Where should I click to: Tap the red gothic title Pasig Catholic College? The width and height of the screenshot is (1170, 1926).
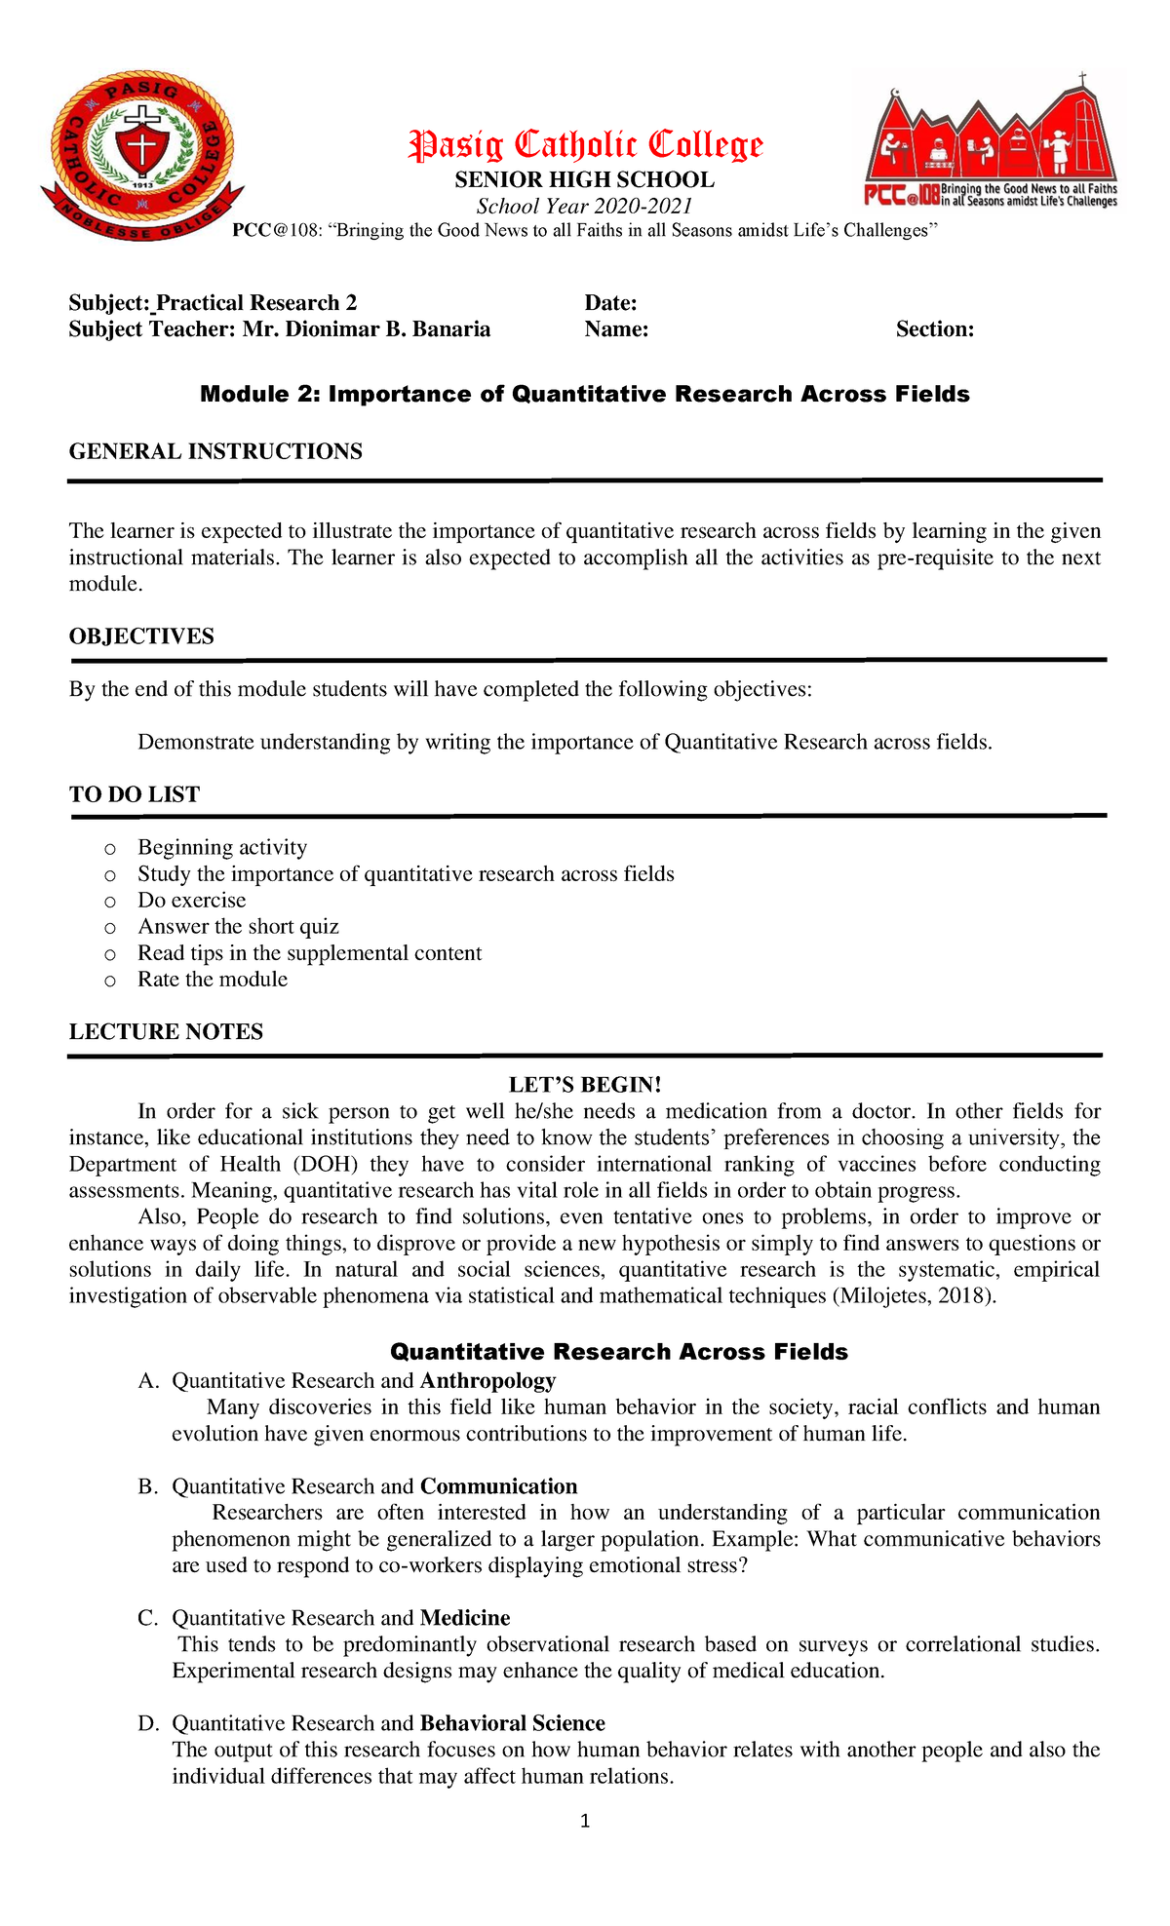pos(585,145)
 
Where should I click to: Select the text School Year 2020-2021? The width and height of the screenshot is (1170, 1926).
pos(584,206)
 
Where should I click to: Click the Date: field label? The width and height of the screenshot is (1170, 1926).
pos(610,303)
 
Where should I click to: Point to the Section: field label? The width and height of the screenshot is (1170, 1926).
pos(934,329)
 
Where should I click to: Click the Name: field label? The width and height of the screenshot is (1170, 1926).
pos(616,329)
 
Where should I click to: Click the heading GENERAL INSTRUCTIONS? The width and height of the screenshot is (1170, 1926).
pos(215,451)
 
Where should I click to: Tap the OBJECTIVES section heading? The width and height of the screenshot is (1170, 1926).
pos(141,636)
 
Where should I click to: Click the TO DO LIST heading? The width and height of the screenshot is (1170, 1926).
pos(135,794)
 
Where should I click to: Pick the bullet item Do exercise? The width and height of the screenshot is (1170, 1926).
pos(192,900)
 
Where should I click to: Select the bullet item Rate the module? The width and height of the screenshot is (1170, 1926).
pos(213,979)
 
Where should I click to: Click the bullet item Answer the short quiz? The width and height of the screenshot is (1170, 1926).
pos(238,926)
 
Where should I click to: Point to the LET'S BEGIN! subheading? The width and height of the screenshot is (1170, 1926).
pos(585,1085)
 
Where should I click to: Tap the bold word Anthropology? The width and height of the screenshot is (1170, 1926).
pos(487,1380)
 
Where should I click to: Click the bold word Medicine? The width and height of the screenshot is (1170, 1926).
pos(465,1618)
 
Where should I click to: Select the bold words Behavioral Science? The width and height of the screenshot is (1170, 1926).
pos(512,1723)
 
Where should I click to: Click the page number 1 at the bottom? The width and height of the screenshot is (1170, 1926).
pos(585,1821)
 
